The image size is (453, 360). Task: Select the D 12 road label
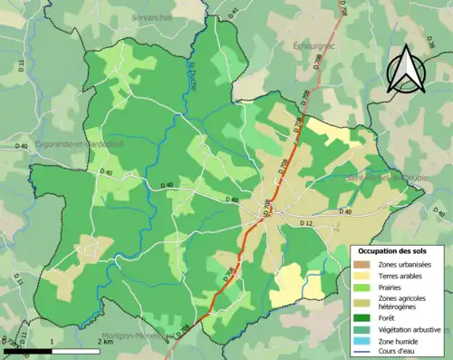[x=305, y=223]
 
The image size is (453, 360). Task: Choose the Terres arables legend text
[x=400, y=275]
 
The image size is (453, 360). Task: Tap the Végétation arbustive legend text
[x=410, y=329]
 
